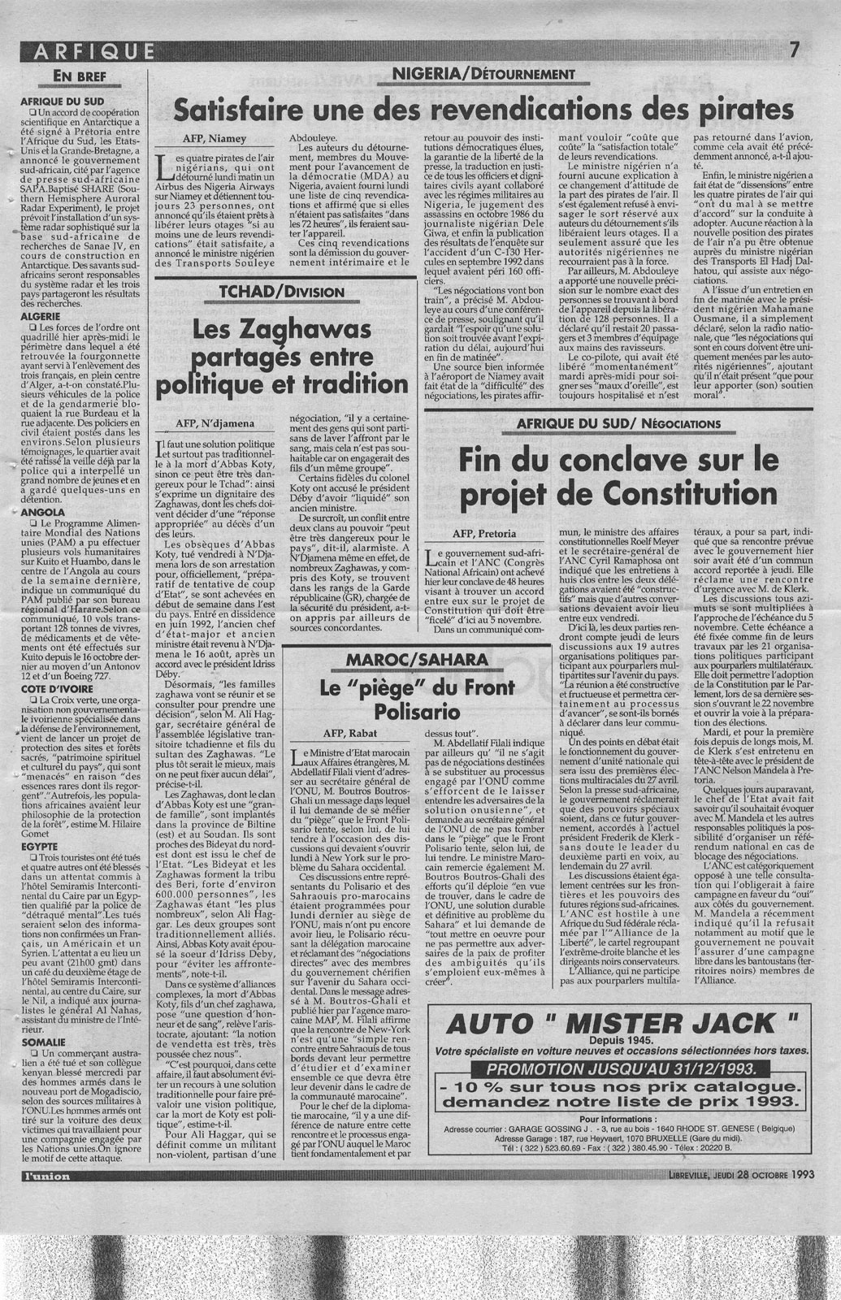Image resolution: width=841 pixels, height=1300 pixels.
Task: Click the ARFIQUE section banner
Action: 89,53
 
